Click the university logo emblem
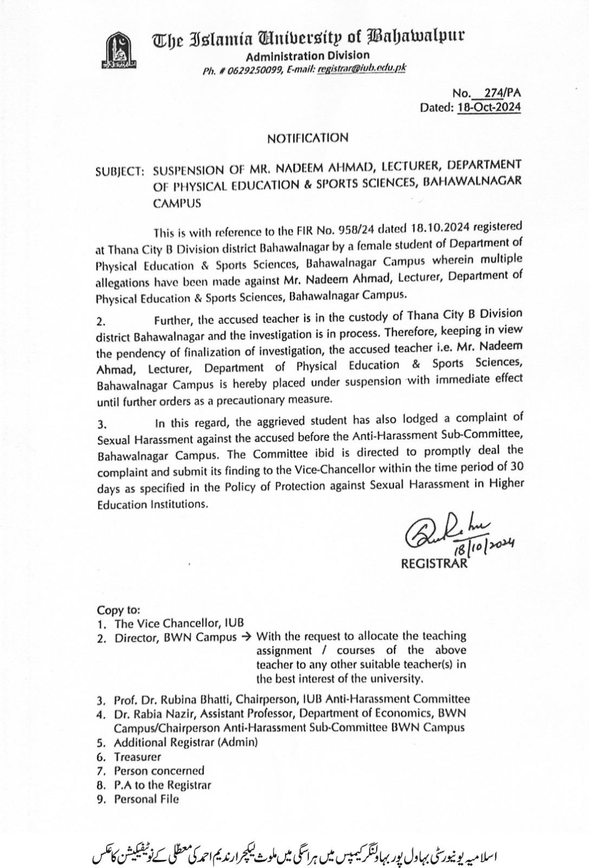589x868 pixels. point(118,49)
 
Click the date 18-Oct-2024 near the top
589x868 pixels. point(489,107)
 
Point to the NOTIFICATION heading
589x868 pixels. point(307,138)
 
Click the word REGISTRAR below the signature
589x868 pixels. point(433,564)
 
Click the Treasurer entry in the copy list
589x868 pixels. point(137,756)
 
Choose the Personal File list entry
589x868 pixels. point(146,799)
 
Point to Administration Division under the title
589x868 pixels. point(307,55)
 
